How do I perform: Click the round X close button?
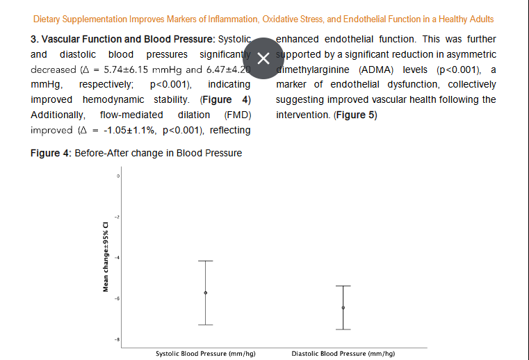coord(263,58)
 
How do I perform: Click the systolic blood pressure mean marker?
coord(205,293)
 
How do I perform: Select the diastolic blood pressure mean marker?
coord(343,307)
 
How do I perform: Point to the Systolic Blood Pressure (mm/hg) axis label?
coord(205,353)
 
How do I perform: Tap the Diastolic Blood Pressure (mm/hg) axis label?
coord(343,353)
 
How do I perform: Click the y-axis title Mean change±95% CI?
coord(106,257)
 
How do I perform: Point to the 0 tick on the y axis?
coord(118,177)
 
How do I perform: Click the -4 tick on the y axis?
coord(117,258)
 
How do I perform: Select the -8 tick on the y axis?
coord(117,339)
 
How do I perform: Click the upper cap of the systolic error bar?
coord(205,261)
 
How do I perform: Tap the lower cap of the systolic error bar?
coord(205,325)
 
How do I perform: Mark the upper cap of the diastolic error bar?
coord(343,286)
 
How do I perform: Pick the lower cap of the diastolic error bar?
coord(343,329)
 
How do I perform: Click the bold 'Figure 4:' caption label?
coord(51,153)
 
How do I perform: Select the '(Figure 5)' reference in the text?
coord(355,115)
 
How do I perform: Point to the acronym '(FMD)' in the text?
coord(237,115)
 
